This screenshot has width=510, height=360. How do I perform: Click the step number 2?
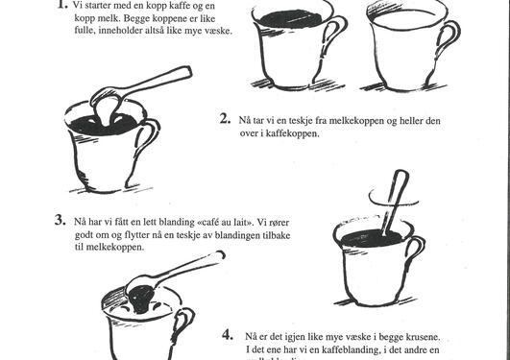click(x=224, y=119)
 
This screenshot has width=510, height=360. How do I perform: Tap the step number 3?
click(x=60, y=220)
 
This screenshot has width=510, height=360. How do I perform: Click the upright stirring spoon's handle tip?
click(x=401, y=176)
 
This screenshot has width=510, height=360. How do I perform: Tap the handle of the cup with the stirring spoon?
click(x=415, y=255)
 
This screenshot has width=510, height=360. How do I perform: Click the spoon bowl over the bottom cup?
click(x=140, y=285)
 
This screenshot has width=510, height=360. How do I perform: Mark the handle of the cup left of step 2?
click(x=148, y=139)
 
